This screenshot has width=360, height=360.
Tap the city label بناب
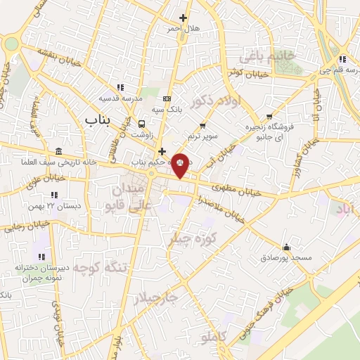pos(98,121)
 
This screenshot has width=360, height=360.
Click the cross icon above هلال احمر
pos(184,18)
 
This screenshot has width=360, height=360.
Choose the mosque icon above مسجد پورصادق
pos(286,247)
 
